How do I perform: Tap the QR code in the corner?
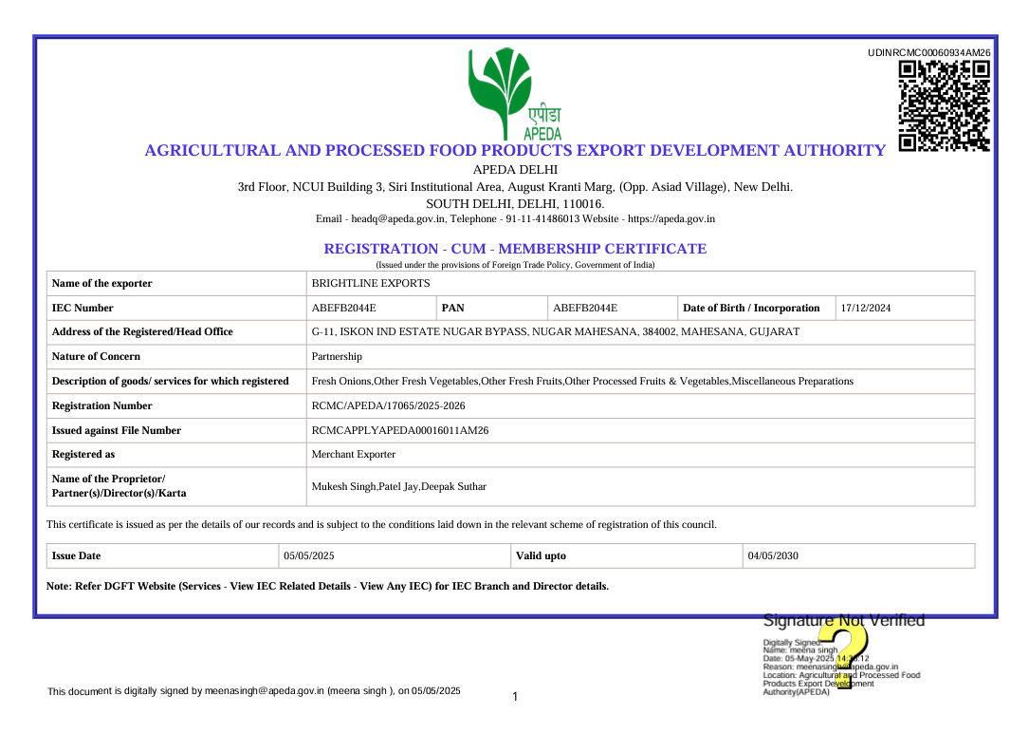point(944,105)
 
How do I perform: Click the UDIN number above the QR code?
point(928,53)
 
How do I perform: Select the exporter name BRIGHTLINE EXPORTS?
point(371,283)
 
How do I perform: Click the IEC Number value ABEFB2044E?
point(344,308)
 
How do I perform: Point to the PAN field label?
point(453,308)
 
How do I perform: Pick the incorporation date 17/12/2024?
point(866,308)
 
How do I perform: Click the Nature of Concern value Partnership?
point(337,357)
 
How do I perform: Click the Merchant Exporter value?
point(354,454)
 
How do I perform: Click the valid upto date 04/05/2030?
point(773,555)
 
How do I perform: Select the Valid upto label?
point(541,555)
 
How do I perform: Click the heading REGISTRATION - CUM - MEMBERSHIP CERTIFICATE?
point(515,249)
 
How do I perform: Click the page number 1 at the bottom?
point(515,698)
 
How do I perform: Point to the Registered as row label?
point(83,454)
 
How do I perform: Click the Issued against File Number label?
point(116,430)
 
